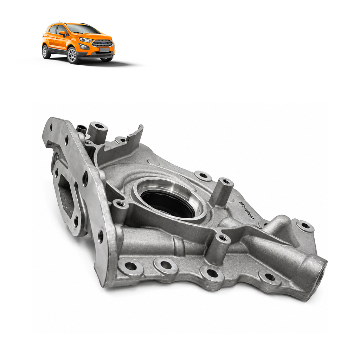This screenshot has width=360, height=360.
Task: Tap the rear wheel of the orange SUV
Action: [45, 51]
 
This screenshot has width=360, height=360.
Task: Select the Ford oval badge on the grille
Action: [103, 43]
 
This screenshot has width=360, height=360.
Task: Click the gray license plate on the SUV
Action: [104, 50]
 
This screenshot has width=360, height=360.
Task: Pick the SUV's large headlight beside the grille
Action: [85, 40]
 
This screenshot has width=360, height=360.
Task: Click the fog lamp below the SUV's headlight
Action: [84, 47]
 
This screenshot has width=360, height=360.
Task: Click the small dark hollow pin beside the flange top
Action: [82, 129]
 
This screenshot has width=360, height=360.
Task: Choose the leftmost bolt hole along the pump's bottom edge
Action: [131, 266]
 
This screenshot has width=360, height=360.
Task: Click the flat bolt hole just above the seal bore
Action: [203, 175]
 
